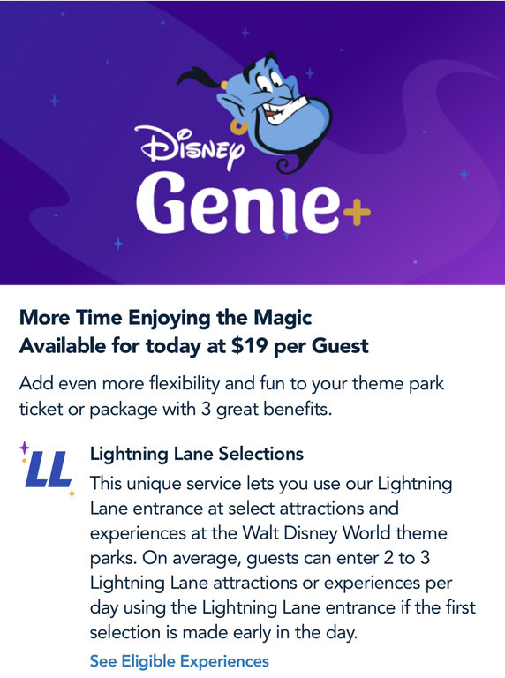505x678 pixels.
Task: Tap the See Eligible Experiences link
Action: click(179, 661)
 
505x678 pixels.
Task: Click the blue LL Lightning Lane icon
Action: click(49, 469)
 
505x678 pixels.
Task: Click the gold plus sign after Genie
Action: click(357, 212)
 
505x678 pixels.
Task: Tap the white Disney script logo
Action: click(189, 146)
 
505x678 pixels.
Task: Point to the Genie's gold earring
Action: click(238, 128)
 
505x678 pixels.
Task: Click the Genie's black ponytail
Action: click(200, 78)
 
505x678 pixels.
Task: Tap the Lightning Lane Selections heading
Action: click(197, 454)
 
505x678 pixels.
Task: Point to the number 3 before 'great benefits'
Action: click(206, 409)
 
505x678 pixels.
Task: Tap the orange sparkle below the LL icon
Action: click(72, 493)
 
